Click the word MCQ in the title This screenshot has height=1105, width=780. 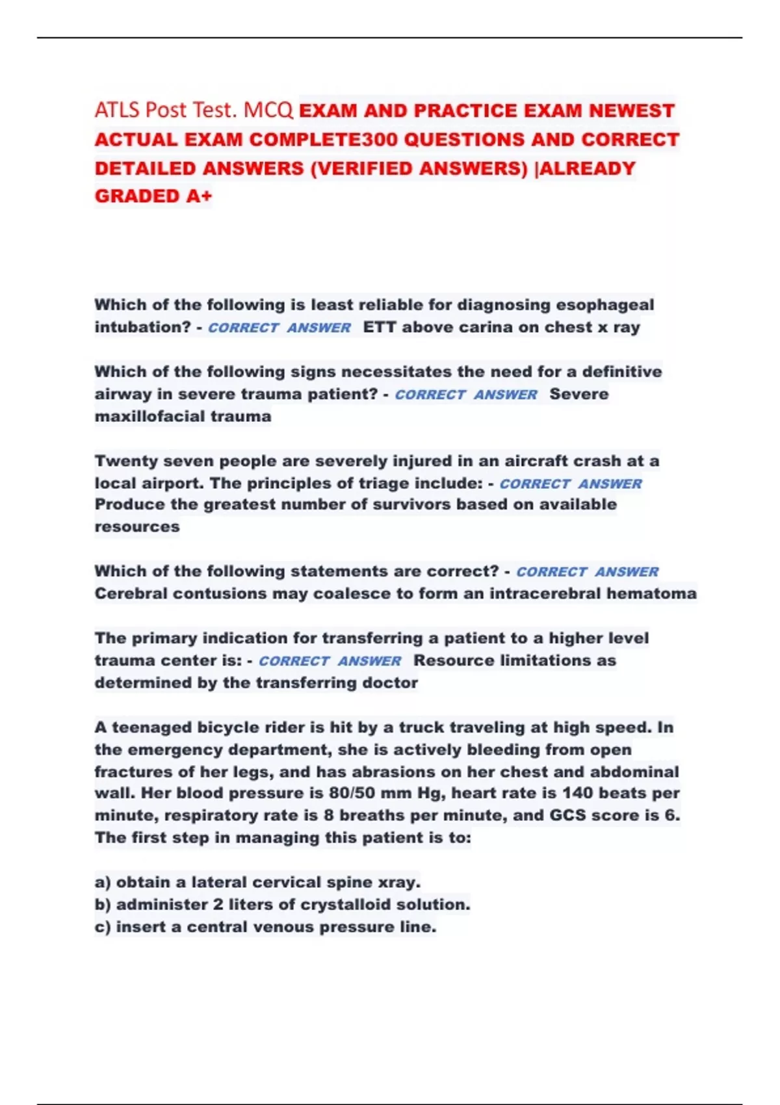[x=268, y=110]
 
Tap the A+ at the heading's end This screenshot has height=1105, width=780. [x=199, y=196]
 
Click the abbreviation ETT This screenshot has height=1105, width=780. [x=380, y=327]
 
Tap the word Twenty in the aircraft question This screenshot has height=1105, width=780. [x=124, y=461]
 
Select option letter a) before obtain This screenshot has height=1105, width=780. [x=103, y=883]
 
